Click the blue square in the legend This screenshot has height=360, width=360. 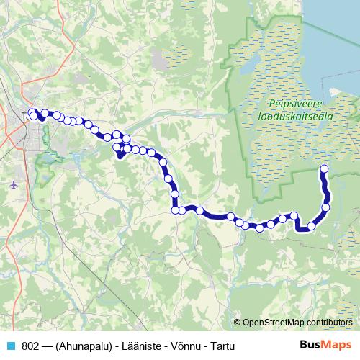click(x=10, y=346)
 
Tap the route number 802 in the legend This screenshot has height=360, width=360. click(x=31, y=346)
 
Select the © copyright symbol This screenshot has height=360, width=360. click(x=238, y=323)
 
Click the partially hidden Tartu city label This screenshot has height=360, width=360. click(x=25, y=115)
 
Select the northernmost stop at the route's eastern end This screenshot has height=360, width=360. click(x=323, y=169)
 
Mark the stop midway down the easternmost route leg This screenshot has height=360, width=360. click(x=326, y=207)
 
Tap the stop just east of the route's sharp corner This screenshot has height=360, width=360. click(x=311, y=227)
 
